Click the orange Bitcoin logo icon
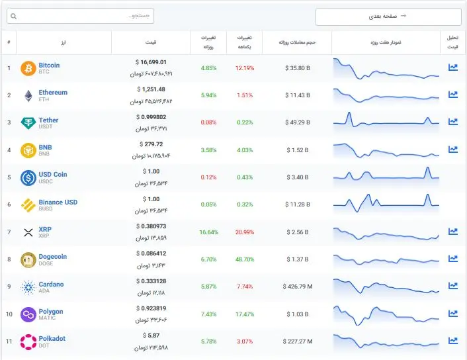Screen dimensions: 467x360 pos(28,69)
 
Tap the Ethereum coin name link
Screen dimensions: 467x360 pos(53,93)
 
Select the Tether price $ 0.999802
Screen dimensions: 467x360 pos(151,117)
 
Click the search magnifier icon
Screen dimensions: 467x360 pos(13,16)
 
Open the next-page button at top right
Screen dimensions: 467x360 pos(388,17)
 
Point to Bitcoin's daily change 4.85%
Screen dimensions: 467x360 pos(208,68)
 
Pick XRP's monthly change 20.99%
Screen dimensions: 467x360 pos(245,232)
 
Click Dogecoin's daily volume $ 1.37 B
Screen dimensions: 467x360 pos(298,259)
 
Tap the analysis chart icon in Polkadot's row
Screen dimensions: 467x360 pos(453,340)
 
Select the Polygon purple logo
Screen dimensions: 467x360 pos(28,314)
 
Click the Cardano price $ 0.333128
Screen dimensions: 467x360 pos(151,281)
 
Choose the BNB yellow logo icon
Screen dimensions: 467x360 pos(28,150)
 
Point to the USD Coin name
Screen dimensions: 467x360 pos(53,174)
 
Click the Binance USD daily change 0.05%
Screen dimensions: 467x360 pos(208,204)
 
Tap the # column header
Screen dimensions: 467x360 pos(9,42)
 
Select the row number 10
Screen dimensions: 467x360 pos(9,314)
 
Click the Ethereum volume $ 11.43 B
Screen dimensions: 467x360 pos(298,95)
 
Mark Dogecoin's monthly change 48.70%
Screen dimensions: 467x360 pos(245,259)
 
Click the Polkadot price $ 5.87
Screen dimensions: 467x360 pos(151,336)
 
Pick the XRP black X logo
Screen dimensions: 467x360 pos(28,232)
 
